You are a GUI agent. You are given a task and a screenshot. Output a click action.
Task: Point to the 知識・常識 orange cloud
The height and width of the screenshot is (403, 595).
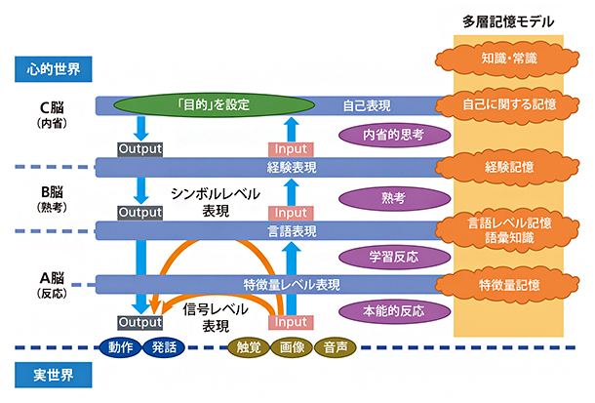point(508,60)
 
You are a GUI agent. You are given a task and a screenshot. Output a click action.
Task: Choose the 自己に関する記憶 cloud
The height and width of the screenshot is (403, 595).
point(508,103)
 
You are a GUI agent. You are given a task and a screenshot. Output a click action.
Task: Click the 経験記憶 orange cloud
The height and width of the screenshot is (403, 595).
point(508,167)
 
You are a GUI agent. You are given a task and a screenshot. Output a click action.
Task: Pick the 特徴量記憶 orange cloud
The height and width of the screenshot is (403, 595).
point(508,285)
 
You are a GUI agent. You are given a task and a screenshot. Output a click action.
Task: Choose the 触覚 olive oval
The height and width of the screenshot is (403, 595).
point(248,346)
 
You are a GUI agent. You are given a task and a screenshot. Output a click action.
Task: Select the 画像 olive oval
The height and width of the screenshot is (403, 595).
point(293,346)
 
